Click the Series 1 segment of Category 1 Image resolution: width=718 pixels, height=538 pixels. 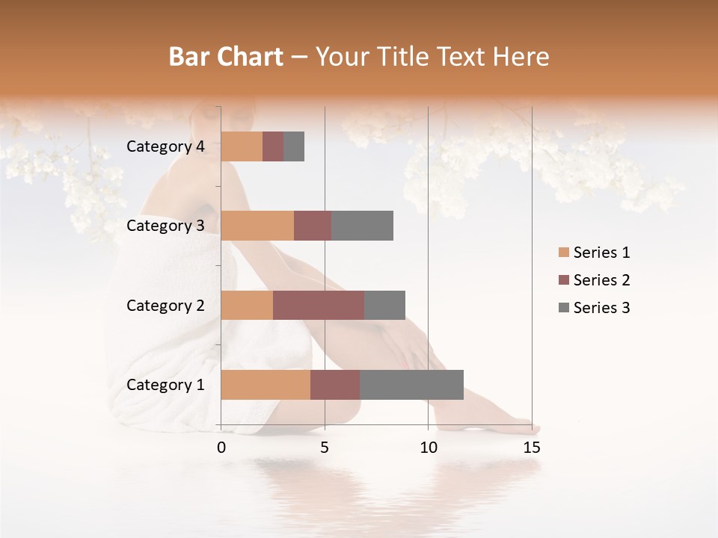click(x=266, y=384)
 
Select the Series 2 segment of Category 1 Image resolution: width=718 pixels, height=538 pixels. click(x=335, y=384)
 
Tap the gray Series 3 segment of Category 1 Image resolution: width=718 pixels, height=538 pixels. click(x=411, y=384)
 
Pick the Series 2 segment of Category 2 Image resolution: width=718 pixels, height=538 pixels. click(x=319, y=305)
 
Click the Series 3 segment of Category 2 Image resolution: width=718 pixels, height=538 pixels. click(x=384, y=305)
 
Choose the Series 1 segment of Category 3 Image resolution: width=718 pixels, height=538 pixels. click(x=257, y=225)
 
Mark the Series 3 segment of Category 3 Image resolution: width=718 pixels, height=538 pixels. click(x=362, y=225)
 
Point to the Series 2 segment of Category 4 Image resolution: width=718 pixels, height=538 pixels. click(x=273, y=146)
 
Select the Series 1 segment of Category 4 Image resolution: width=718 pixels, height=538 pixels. click(x=242, y=146)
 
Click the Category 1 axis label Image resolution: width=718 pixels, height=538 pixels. click(x=165, y=385)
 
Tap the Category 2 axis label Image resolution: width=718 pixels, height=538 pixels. click(x=165, y=305)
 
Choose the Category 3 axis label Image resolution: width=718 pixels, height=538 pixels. click(x=165, y=226)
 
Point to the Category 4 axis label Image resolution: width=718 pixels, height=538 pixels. click(x=165, y=146)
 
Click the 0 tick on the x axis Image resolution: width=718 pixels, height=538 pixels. click(x=221, y=448)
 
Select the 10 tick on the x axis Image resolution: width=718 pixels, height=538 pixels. click(x=428, y=448)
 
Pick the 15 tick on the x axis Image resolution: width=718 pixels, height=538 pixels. click(x=531, y=448)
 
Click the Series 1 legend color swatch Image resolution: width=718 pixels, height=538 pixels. click(x=563, y=253)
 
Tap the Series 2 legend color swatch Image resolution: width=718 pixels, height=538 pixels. click(x=563, y=280)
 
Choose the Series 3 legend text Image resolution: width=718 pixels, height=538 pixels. click(x=601, y=308)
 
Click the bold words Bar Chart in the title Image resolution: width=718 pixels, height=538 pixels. click(x=226, y=57)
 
